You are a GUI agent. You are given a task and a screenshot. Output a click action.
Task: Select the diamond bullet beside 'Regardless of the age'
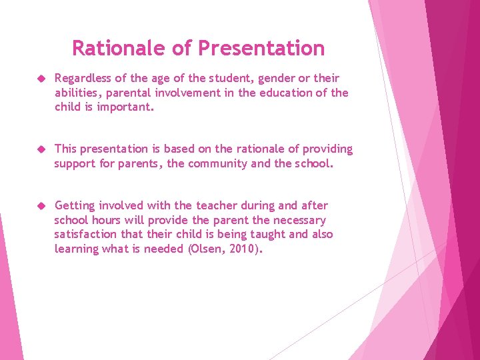[40, 79]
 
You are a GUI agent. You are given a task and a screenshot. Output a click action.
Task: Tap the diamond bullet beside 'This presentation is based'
[40, 149]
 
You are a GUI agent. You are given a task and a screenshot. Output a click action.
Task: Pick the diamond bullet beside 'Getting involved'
[40, 206]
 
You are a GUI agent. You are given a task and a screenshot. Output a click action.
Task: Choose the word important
[125, 107]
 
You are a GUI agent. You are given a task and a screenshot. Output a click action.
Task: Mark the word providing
[323, 149]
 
